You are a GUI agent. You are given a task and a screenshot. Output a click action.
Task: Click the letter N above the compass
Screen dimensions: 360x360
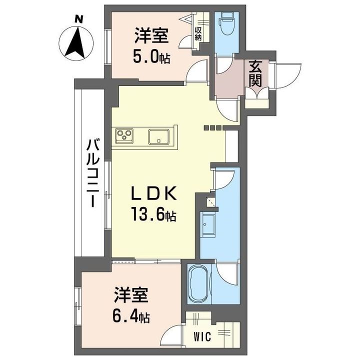pyautogui.click(x=79, y=19)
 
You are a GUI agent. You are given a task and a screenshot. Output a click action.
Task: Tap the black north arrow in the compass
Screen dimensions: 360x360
pyautogui.click(x=76, y=42)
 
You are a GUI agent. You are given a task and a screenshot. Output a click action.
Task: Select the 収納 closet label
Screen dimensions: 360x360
pyautogui.click(x=197, y=34)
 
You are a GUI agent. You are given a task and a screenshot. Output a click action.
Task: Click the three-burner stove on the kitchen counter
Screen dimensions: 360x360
pyautogui.click(x=124, y=135)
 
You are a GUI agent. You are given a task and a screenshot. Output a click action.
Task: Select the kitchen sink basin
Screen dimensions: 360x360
pyautogui.click(x=159, y=137)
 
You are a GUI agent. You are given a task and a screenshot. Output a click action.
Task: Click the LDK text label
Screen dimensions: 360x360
pyautogui.click(x=154, y=193)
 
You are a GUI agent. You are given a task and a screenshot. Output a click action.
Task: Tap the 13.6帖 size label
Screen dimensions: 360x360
pyautogui.click(x=153, y=214)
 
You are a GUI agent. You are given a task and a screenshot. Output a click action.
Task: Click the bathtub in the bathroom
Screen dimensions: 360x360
pyautogui.click(x=199, y=284)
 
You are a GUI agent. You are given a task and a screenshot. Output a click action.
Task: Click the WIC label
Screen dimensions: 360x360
pyautogui.click(x=202, y=337)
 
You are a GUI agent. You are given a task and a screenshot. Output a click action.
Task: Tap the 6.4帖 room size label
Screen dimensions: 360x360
pyautogui.click(x=131, y=317)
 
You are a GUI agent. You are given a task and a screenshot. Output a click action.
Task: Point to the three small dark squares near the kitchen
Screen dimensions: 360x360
pyautogui.click(x=213, y=127)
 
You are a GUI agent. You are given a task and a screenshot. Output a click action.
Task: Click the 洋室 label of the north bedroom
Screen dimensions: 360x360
pyautogui.click(x=151, y=35)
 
